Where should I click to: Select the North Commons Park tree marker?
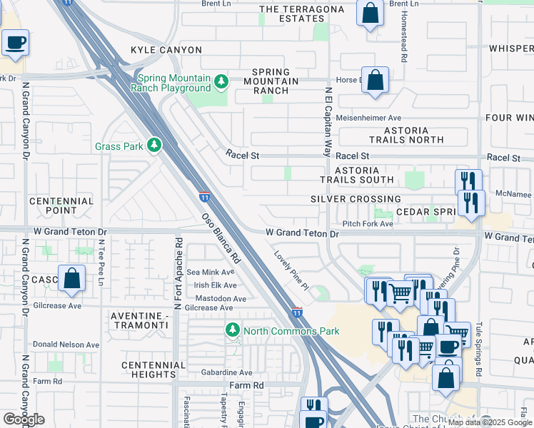tap(232, 330)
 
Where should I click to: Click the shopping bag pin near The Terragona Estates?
tap(370, 14)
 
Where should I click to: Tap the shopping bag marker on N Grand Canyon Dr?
tap(72, 278)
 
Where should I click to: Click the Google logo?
tap(24, 419)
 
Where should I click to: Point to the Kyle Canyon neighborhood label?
tap(166, 50)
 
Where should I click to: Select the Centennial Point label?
tap(61, 205)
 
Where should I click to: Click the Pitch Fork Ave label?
tap(368, 224)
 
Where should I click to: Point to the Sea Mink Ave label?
tap(210, 272)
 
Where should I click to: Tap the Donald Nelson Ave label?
tap(66, 345)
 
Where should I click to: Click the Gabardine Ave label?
tap(226, 372)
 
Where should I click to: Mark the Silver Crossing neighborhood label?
tap(356, 199)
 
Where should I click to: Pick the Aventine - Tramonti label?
tap(140, 320)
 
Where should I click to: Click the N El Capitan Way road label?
tap(328, 122)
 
